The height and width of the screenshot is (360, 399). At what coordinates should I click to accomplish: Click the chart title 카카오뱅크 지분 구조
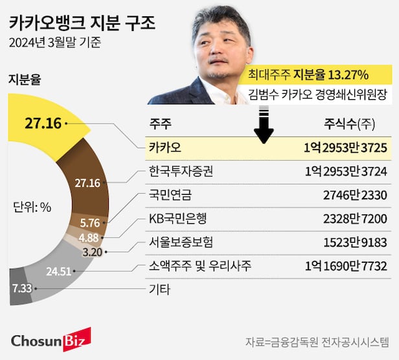click(82, 24)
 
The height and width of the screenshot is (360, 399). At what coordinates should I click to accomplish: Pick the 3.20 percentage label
click(93, 252)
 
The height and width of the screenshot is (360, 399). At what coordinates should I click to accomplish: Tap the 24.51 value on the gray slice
click(58, 271)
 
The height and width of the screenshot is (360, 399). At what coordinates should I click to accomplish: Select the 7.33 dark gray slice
click(21, 287)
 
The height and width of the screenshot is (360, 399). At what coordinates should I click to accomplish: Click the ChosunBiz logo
click(51, 339)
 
